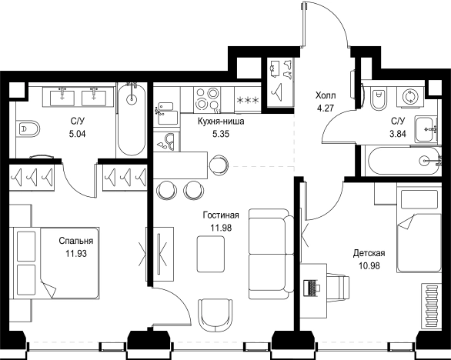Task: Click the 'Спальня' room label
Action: coord(76,240)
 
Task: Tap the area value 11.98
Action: coord(221,228)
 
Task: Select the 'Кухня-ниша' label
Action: coord(221,122)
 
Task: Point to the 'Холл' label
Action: coord(326,95)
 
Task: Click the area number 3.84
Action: coord(398,133)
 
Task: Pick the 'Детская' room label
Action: coord(369,253)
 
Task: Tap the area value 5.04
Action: coord(78,134)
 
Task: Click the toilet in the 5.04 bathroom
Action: coord(28,128)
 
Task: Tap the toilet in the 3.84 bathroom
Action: coord(378,100)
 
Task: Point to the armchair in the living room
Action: coord(215,313)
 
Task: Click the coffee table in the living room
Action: coord(211,254)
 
